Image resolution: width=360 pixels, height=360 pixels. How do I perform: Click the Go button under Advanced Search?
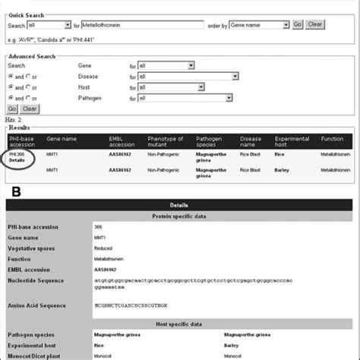[12, 109]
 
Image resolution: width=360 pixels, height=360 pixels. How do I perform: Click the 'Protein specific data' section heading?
[180, 217]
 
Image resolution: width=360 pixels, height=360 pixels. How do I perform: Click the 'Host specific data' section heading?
[180, 323]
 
